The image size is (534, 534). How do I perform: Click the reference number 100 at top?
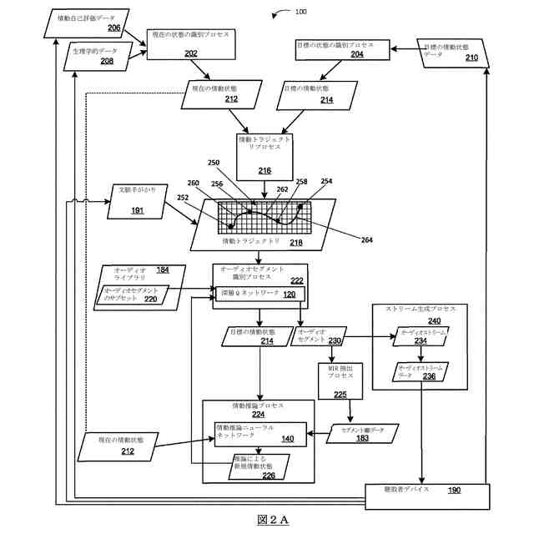(x=300, y=12)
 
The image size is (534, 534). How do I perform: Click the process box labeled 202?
(x=191, y=43)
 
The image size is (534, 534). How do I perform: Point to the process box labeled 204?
(x=342, y=48)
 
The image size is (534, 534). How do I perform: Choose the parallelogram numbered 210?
(x=451, y=52)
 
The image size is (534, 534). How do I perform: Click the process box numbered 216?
(x=264, y=157)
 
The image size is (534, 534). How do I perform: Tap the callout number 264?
(x=367, y=239)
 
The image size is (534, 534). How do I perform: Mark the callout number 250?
(x=213, y=164)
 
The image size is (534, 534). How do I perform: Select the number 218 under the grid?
(x=295, y=243)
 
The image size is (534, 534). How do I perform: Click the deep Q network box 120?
(x=259, y=295)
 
